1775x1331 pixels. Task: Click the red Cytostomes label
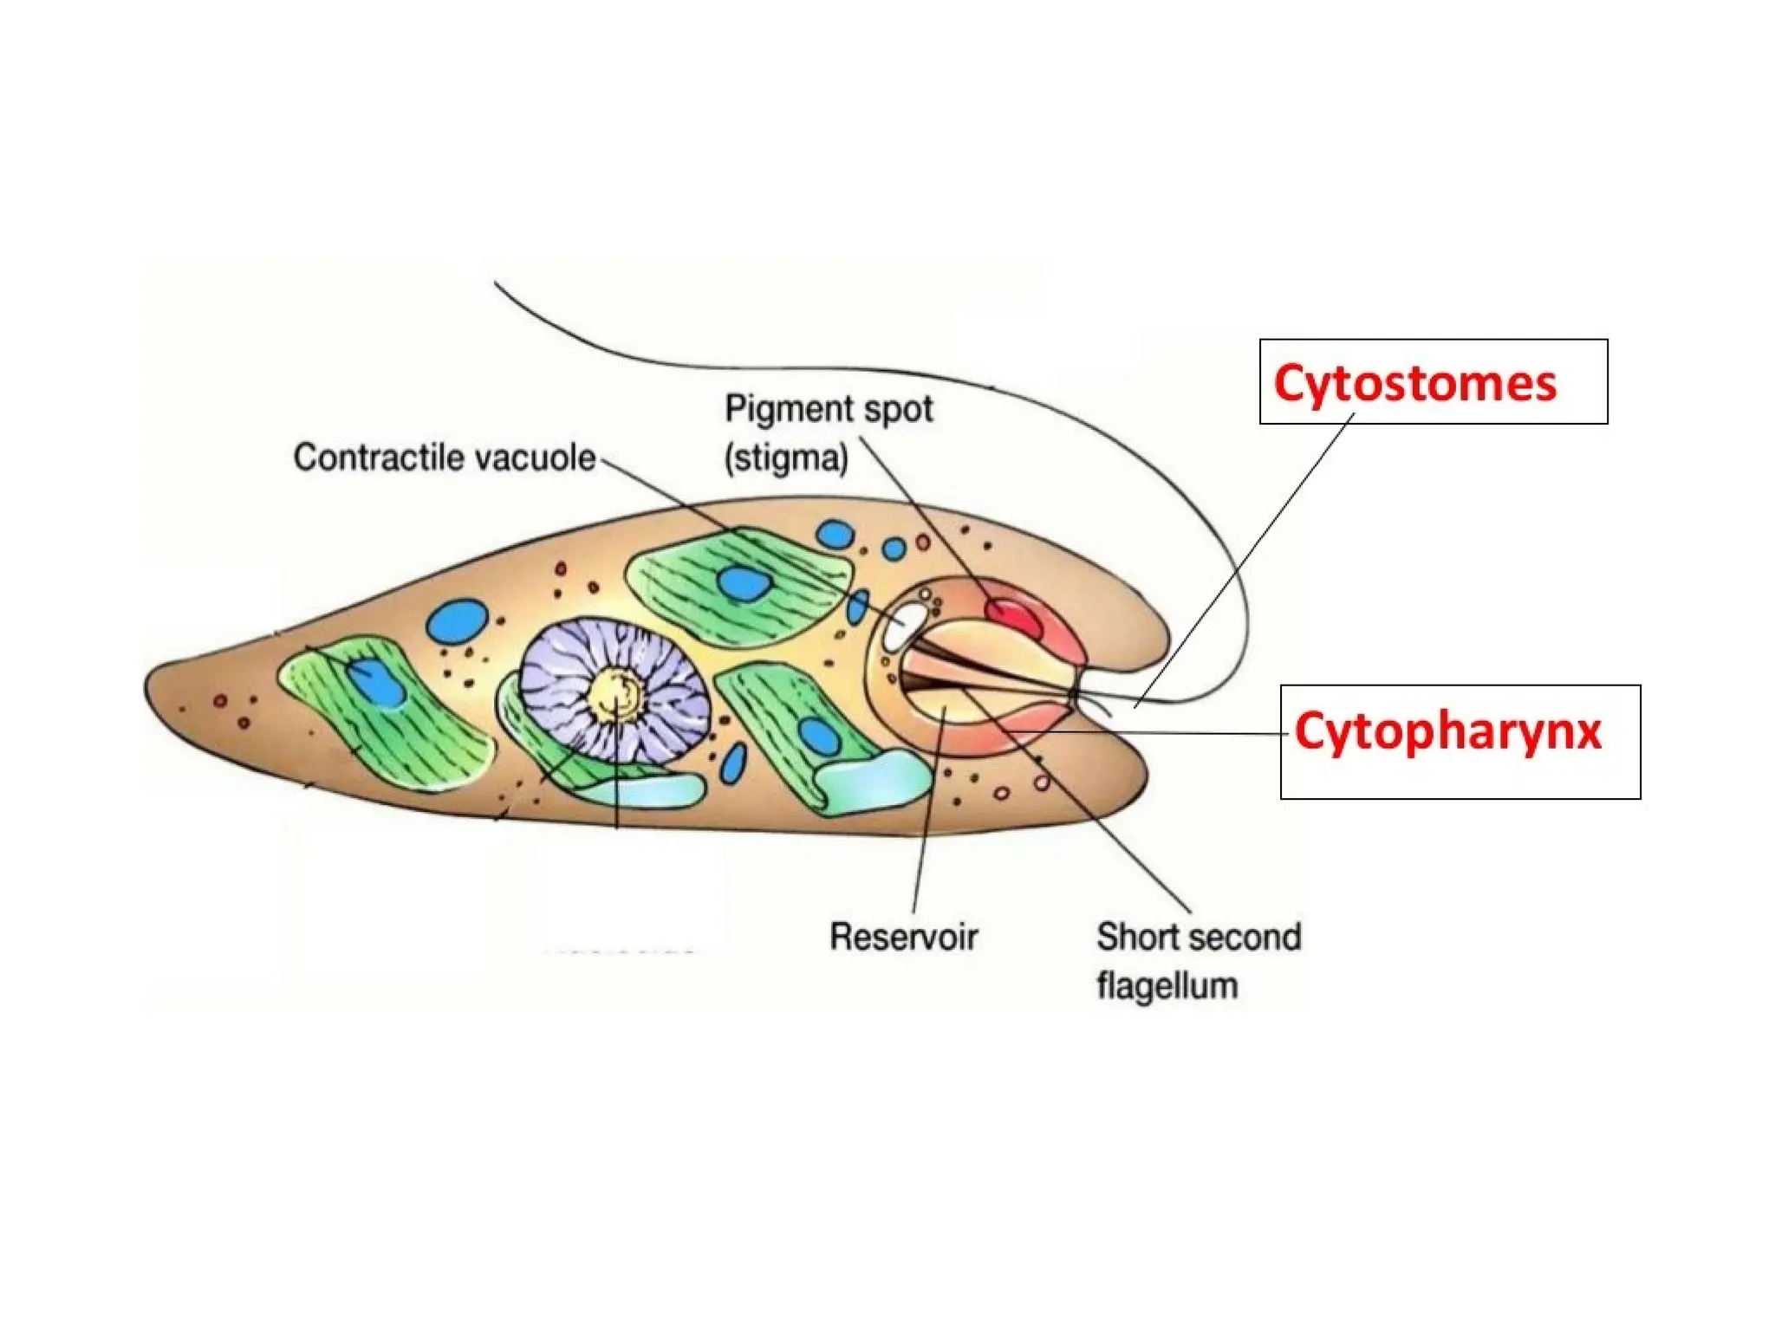click(1414, 383)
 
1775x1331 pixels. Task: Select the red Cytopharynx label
click(1447, 731)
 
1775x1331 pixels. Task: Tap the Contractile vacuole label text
click(444, 458)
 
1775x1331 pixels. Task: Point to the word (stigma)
click(786, 458)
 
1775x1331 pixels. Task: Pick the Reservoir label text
click(903, 937)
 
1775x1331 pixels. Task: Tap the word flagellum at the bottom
click(1167, 986)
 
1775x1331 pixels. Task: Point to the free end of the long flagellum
click(497, 283)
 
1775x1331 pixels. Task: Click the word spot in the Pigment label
click(901, 409)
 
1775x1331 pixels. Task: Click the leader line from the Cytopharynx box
click(1170, 733)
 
